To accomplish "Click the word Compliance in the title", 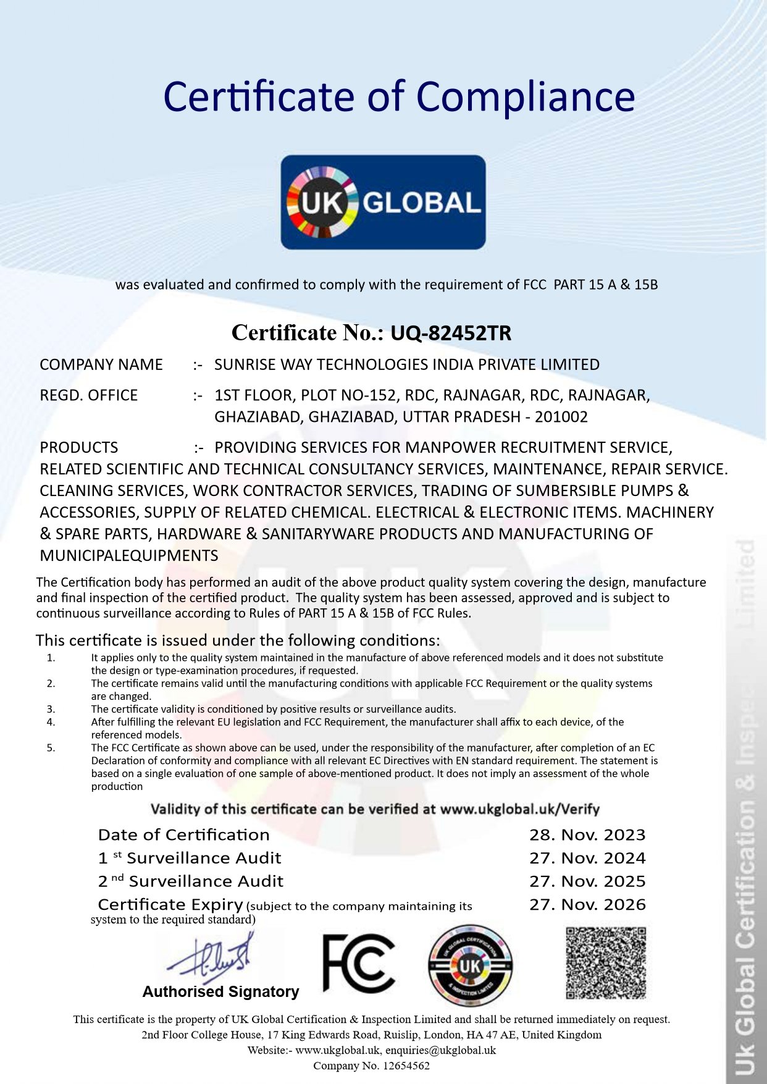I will (x=525, y=97).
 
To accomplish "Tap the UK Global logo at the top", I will (x=383, y=202).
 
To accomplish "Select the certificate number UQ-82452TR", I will (x=451, y=333).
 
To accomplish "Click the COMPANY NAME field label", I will (x=101, y=364).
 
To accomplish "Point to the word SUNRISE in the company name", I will (x=245, y=364).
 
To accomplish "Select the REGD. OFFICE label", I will (x=88, y=395).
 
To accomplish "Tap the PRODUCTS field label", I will (x=78, y=447).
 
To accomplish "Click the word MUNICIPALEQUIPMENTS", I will (x=128, y=555).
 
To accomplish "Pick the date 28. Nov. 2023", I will (x=587, y=835).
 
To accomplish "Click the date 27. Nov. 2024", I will (x=587, y=858).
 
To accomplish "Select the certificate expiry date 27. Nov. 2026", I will (x=587, y=905).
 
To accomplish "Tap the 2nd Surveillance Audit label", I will (x=190, y=881).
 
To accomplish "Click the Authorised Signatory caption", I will (x=220, y=992).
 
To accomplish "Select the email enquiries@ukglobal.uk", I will (x=440, y=1050).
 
